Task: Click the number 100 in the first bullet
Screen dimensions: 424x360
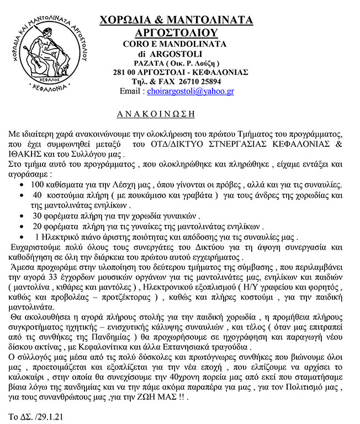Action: [x=38, y=183]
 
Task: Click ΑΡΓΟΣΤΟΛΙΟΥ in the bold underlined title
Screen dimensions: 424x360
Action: [x=176, y=31]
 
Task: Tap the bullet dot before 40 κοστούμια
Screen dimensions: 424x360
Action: [x=21, y=194]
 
